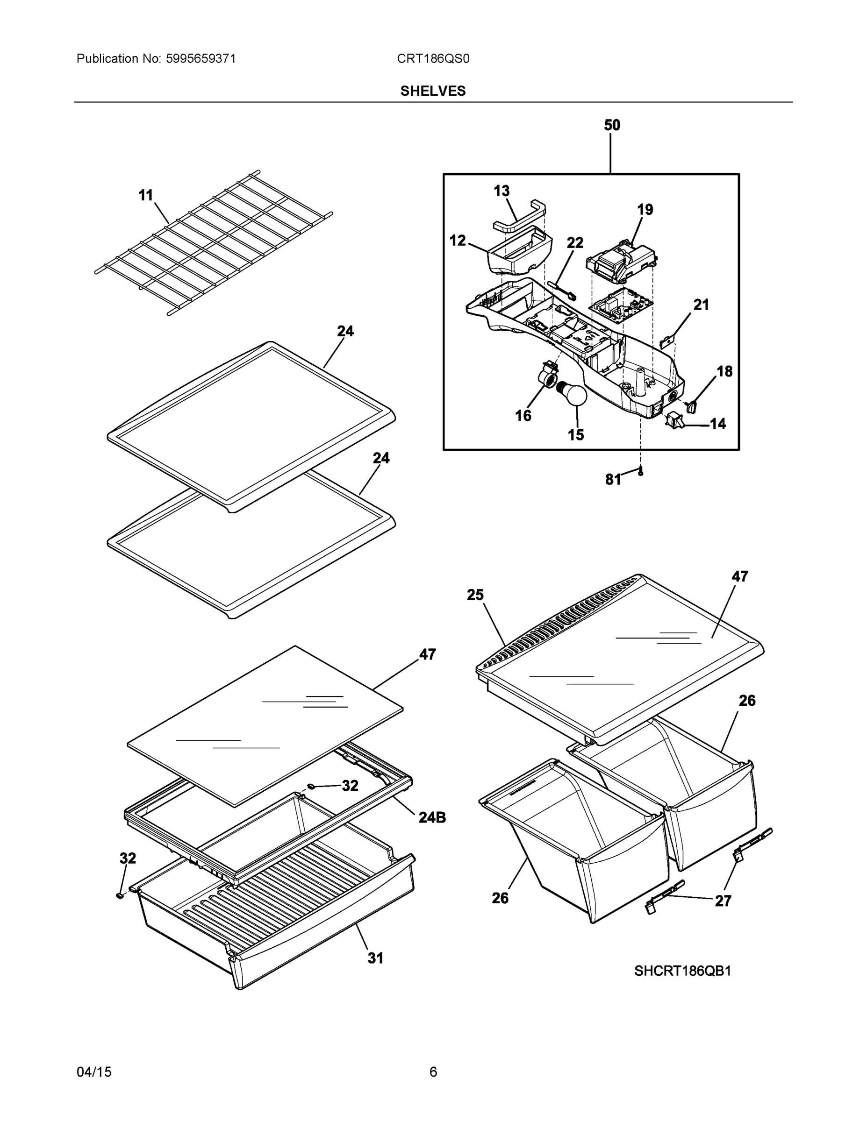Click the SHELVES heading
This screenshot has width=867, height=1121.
(432, 91)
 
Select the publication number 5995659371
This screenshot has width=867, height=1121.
(201, 58)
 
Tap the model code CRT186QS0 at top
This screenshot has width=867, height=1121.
(432, 58)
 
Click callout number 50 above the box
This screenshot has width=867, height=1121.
(611, 125)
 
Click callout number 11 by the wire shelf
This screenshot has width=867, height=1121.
(146, 196)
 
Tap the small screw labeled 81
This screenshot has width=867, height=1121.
(640, 472)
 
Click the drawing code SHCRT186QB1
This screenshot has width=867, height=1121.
(682, 971)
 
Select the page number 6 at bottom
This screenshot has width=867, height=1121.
(433, 1072)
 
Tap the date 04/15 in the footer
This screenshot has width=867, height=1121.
(94, 1072)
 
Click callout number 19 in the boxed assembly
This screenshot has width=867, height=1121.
(645, 209)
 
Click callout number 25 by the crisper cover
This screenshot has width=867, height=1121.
(475, 595)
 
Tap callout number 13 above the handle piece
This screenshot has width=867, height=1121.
(502, 191)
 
